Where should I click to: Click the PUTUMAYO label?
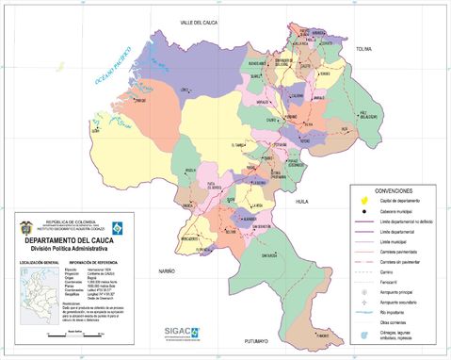(255, 339)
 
